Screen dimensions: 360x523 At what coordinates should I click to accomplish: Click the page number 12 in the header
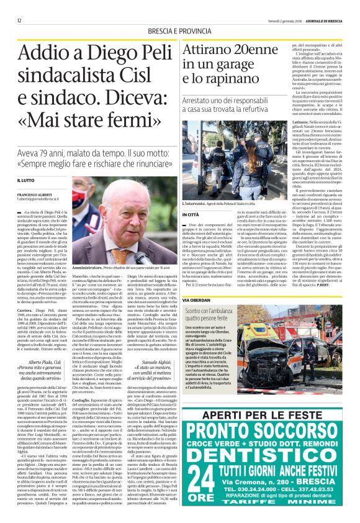point(20,20)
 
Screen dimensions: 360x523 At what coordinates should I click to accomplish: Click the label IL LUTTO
point(27,180)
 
